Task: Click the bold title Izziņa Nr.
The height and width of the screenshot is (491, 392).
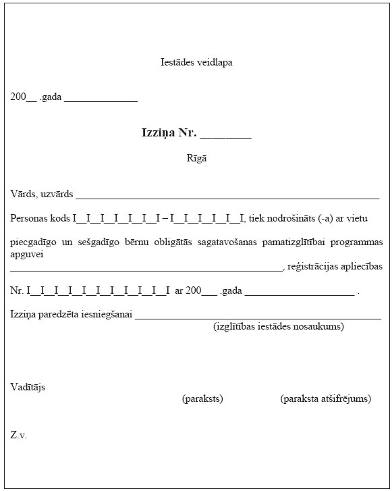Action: coord(169,132)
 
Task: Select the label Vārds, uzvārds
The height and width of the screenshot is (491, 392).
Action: coord(41,195)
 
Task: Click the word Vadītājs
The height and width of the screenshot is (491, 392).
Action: coord(28,387)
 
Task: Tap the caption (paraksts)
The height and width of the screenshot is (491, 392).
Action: coord(202,398)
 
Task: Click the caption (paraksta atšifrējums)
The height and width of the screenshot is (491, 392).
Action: coord(325,398)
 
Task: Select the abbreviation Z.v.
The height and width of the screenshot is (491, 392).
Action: coord(18,435)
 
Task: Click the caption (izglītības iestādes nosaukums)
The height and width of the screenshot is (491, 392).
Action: coord(279,326)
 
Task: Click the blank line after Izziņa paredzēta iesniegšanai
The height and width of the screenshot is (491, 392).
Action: coord(258,316)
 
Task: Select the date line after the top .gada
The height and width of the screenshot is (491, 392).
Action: coord(101,100)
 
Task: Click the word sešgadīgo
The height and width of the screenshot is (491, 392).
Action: coord(90,242)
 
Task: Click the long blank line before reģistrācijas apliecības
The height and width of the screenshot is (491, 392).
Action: coord(146,269)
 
